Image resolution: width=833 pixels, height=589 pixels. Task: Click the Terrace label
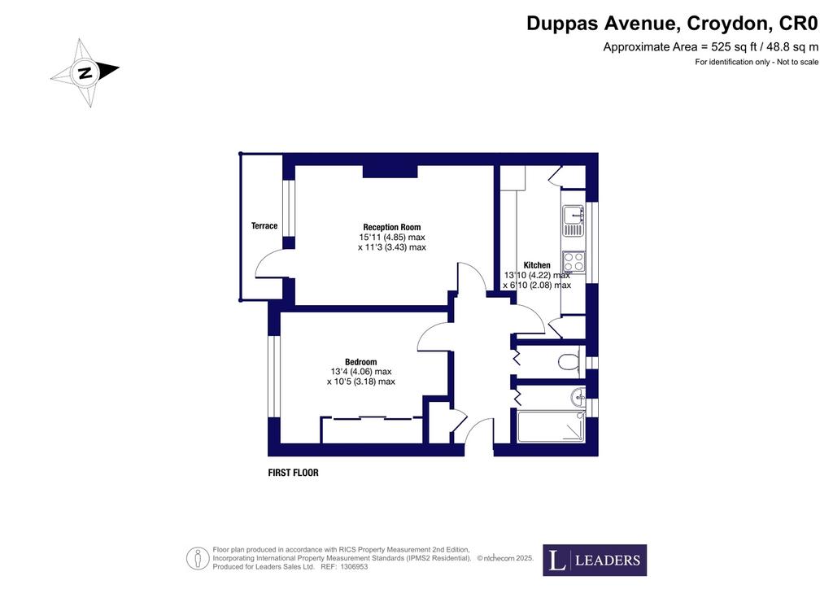pyautogui.click(x=264, y=225)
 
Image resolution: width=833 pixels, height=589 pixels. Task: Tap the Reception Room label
pyautogui.click(x=391, y=227)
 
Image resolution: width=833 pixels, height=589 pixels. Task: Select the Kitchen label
pyautogui.click(x=537, y=265)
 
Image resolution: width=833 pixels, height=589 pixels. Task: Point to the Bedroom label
pyautogui.click(x=360, y=362)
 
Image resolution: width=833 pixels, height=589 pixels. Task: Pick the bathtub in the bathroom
pyautogui.click(x=551, y=426)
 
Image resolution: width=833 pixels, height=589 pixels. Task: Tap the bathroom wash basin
pyautogui.click(x=578, y=395)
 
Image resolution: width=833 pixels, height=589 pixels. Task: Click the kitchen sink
pyautogui.click(x=574, y=221)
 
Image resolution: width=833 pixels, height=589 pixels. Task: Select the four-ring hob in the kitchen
pyautogui.click(x=574, y=261)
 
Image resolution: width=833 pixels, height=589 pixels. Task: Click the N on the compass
pyautogui.click(x=85, y=72)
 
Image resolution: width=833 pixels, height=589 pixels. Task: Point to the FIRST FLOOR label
pyautogui.click(x=293, y=473)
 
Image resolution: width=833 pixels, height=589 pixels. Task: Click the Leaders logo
pyautogui.click(x=595, y=560)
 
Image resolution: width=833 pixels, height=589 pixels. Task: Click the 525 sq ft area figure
pyautogui.click(x=731, y=46)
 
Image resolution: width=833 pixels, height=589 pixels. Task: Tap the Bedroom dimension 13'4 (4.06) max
pyautogui.click(x=361, y=372)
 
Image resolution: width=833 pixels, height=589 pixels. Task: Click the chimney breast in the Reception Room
pyautogui.click(x=390, y=171)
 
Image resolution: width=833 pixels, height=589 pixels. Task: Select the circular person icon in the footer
pyautogui.click(x=197, y=559)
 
